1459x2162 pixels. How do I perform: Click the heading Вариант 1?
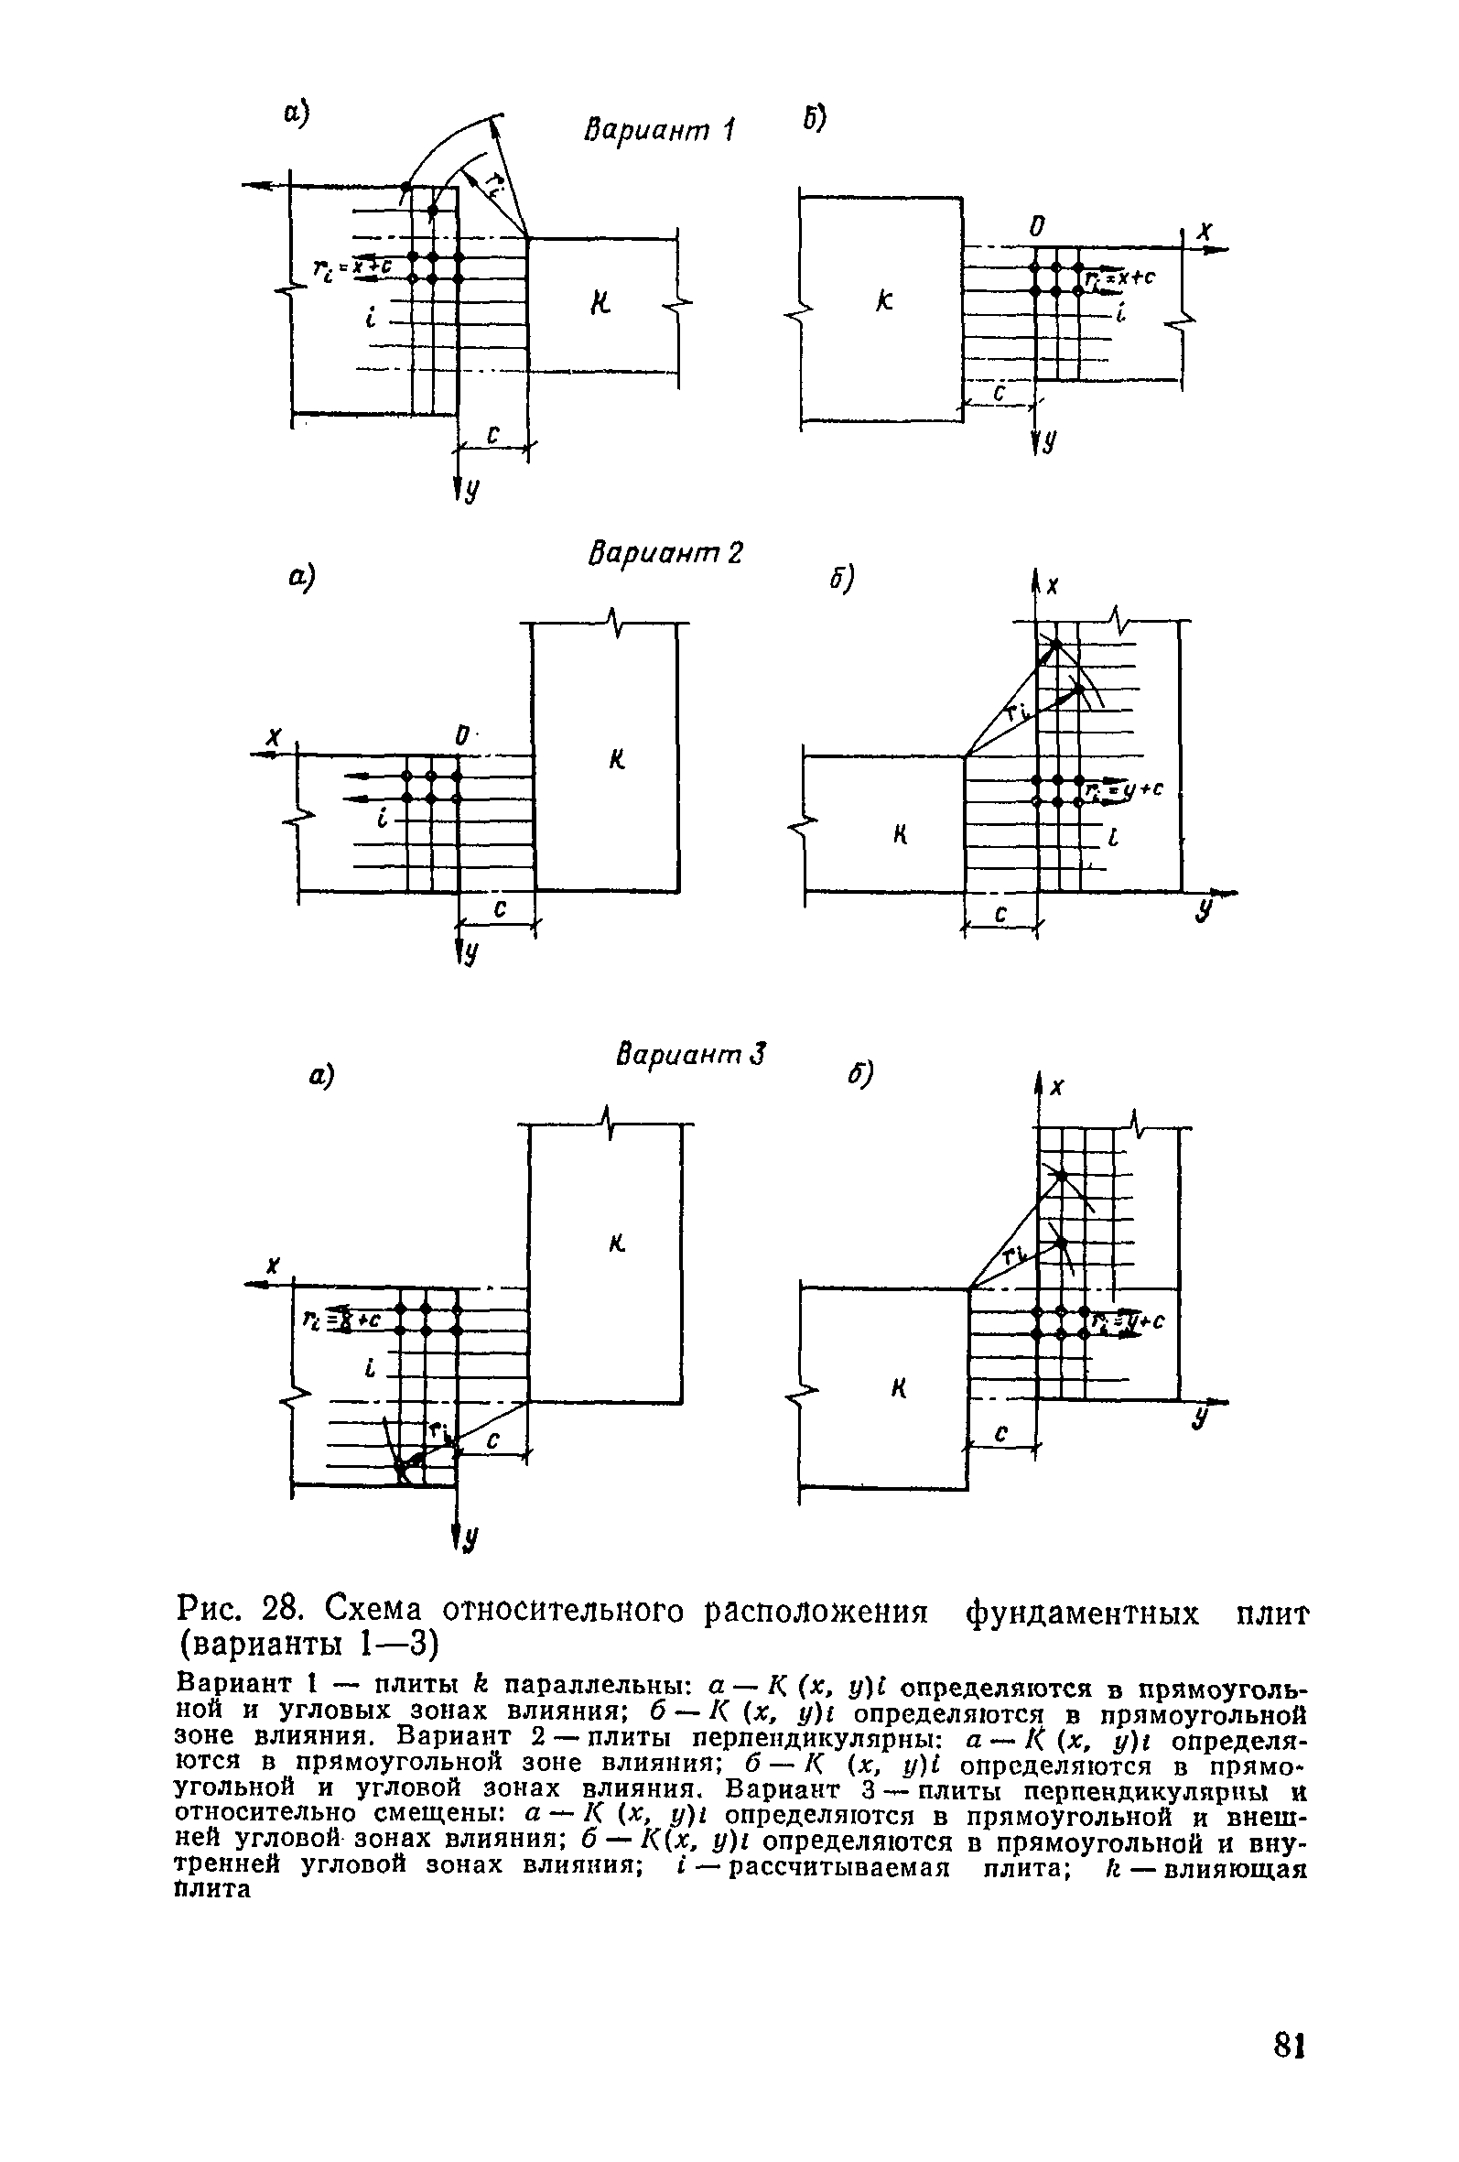(659, 129)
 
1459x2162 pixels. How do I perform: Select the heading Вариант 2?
(665, 553)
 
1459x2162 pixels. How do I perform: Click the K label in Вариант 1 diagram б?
(883, 301)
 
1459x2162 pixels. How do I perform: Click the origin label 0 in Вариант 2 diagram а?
(460, 735)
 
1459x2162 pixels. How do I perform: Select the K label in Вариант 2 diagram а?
(616, 760)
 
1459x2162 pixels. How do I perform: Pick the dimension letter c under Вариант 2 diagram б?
(1000, 917)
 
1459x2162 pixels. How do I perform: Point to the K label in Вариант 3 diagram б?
(898, 1389)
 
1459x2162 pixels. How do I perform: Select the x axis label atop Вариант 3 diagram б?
(1056, 1088)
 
